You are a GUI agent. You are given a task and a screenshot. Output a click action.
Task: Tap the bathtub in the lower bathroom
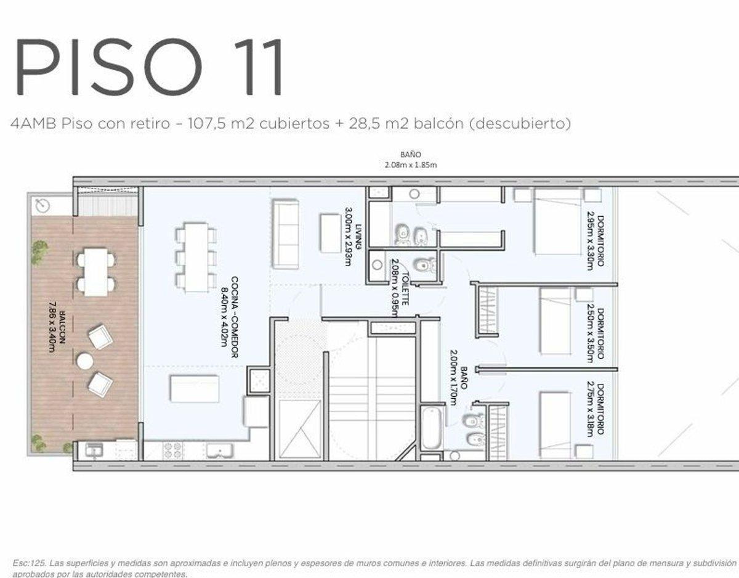click(x=430, y=427)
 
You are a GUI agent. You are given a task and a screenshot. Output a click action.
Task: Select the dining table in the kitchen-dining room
click(x=196, y=256)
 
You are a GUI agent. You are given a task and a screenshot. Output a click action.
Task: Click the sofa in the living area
click(x=285, y=234)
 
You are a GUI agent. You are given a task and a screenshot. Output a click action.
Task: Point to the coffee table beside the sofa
click(x=329, y=232)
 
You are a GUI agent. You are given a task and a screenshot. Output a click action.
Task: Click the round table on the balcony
click(x=85, y=360)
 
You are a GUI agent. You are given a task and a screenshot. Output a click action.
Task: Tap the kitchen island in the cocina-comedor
click(x=195, y=389)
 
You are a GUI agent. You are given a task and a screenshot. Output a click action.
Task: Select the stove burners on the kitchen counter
click(x=172, y=450)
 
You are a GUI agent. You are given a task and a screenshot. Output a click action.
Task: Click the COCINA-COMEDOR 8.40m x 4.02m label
click(x=231, y=318)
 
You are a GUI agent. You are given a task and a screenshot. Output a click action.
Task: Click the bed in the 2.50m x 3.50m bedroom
click(x=555, y=321)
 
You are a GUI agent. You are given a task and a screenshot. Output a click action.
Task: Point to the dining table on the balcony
click(x=95, y=272)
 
